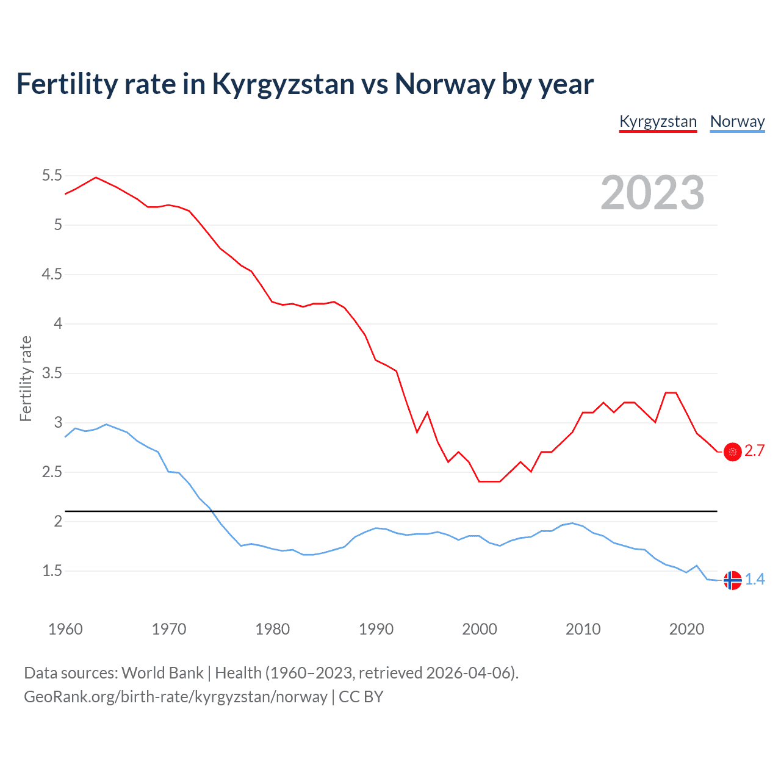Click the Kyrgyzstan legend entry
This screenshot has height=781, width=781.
click(x=658, y=121)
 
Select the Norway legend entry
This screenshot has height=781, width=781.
click(x=737, y=121)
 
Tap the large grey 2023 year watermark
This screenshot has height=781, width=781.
click(x=652, y=193)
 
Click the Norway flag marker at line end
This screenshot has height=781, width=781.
click(x=732, y=580)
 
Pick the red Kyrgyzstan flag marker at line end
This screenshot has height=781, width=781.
click(x=732, y=452)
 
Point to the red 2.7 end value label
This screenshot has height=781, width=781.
click(x=755, y=451)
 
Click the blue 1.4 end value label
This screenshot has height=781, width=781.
click(x=755, y=580)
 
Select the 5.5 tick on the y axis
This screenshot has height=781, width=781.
click(x=52, y=176)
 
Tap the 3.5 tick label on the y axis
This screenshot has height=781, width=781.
click(x=52, y=373)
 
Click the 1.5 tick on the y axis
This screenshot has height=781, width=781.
click(x=52, y=571)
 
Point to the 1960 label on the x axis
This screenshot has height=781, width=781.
click(x=65, y=629)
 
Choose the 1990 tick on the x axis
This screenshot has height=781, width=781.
click(x=376, y=629)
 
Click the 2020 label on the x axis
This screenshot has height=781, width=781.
click(x=686, y=629)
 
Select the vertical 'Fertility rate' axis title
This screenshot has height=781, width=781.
click(x=26, y=378)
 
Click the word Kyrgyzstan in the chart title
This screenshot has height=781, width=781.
click(x=283, y=84)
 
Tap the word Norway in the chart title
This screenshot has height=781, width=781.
click(x=444, y=84)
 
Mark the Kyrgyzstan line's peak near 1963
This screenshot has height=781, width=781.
click(x=96, y=178)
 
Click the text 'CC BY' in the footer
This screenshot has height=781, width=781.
click(x=361, y=697)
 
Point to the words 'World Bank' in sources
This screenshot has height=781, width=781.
click(x=162, y=673)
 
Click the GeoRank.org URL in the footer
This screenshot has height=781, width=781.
click(x=176, y=697)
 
